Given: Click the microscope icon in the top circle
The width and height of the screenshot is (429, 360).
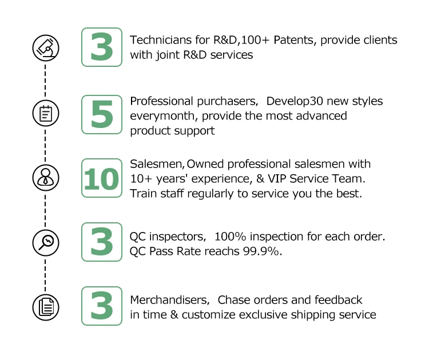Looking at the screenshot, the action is [x=45, y=47].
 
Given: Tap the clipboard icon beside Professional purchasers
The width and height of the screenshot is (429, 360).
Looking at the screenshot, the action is [x=45, y=113].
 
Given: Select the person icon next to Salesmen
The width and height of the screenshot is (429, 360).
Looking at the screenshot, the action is [x=45, y=178].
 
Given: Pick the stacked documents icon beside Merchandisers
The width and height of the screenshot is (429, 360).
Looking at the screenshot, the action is [x=45, y=307].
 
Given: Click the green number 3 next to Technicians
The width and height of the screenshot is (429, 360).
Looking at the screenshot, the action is [x=101, y=47].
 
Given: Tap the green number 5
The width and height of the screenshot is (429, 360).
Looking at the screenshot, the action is [x=101, y=114].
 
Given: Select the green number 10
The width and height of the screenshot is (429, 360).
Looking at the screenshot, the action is [x=101, y=178].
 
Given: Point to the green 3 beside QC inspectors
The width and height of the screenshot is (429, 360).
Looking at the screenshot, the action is [x=101, y=242].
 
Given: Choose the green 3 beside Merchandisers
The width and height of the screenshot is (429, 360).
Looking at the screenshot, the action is [x=101, y=306].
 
